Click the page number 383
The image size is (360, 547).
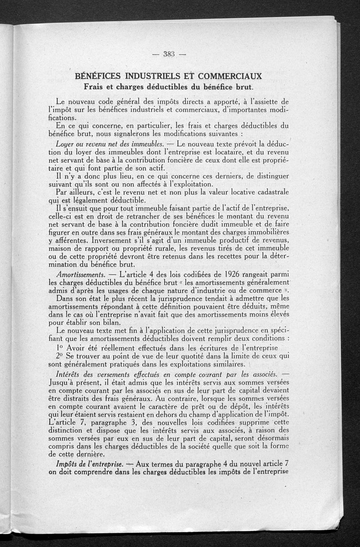169,54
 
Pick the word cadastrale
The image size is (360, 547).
267,192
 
